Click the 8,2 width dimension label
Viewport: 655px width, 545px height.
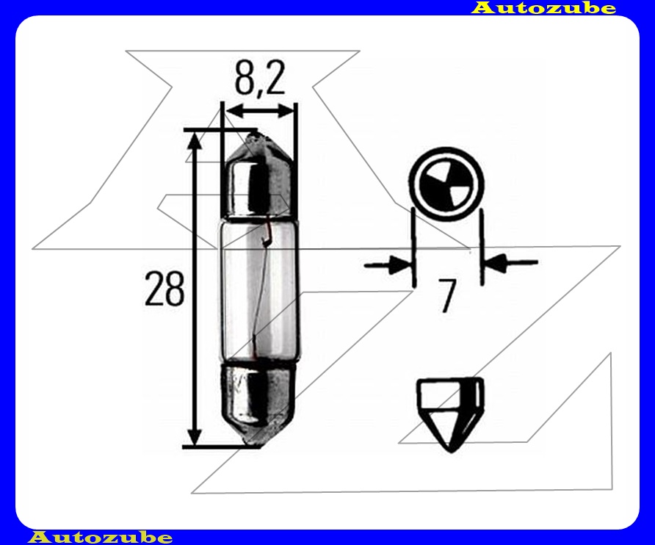259,77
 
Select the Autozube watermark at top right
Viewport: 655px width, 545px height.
543,8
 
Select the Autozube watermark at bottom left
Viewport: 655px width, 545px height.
100,537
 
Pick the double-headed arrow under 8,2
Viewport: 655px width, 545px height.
260,112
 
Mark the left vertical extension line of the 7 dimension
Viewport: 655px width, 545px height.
413,246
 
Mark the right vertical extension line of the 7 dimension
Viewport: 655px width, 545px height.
481,246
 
